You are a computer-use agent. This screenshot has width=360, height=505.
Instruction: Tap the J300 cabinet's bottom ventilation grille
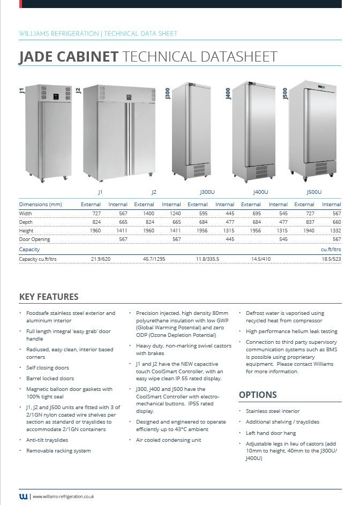[199, 170]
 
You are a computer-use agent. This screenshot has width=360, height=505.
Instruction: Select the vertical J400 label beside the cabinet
[228, 94]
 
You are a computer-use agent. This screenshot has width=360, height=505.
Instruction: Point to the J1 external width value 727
[96, 213]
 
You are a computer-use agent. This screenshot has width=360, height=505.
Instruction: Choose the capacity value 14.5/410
[261, 259]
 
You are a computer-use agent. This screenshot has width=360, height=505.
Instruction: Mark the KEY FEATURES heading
[49, 297]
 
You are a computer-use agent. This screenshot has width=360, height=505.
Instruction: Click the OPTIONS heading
[258, 395]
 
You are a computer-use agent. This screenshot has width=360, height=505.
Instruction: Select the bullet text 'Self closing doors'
[48, 368]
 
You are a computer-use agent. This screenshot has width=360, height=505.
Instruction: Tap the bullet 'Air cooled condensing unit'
[169, 440]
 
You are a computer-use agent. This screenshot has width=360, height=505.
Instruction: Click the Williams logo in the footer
[24, 496]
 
